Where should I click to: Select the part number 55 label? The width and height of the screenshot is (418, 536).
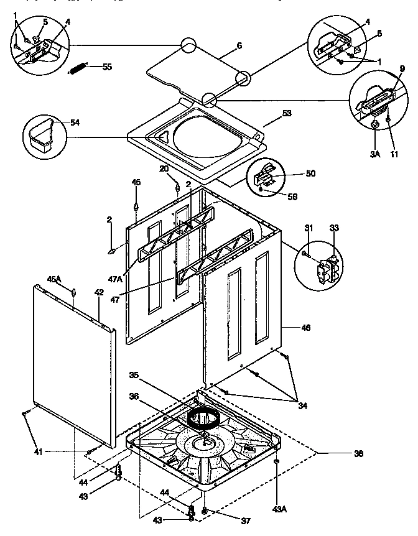pyautogui.click(x=106, y=67)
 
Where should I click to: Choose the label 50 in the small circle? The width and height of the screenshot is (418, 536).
pyautogui.click(x=310, y=173)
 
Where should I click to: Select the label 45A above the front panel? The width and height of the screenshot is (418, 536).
pyautogui.click(x=54, y=279)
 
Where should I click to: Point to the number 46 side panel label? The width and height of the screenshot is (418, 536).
pyautogui.click(x=305, y=327)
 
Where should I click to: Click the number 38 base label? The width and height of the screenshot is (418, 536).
pyautogui.click(x=358, y=453)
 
